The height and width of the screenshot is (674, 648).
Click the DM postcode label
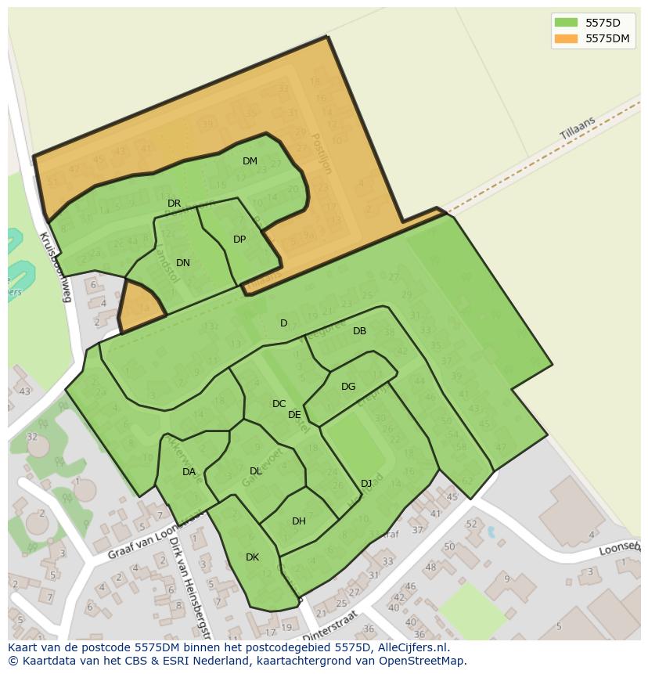250,161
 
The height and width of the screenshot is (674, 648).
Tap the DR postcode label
174,204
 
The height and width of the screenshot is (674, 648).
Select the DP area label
239,240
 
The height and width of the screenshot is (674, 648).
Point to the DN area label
183,263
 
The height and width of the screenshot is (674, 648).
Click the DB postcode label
359,331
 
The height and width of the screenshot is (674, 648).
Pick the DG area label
348,387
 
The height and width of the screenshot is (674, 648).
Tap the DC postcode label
279,404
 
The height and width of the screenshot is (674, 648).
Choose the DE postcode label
294,415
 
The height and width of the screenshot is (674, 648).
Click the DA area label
189,472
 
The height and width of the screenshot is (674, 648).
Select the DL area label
256,471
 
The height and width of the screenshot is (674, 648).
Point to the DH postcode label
299,521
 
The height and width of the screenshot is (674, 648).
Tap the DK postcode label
252,557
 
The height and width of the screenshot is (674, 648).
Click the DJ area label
366,483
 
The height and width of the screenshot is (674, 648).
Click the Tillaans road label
578,129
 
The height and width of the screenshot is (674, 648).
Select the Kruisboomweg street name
56,267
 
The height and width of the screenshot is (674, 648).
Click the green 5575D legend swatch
566,22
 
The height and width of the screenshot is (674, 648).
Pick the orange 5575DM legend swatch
566,38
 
